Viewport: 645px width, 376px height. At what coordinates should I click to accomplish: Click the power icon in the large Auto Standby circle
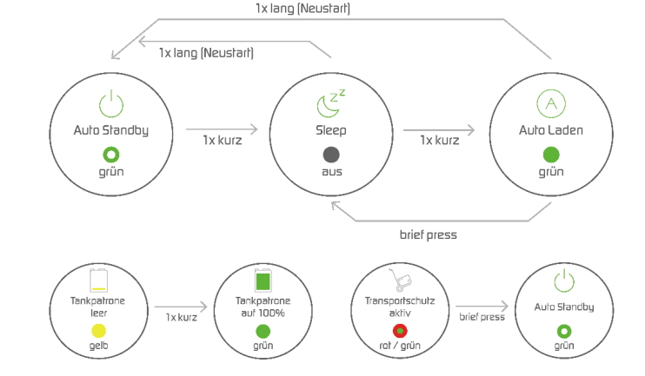pos(110,104)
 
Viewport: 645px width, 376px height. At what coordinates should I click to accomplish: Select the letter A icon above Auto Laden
pos(550,104)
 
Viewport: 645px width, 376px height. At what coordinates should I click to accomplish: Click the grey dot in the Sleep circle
pos(330,155)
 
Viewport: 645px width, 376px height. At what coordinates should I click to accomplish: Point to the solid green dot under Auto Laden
pos(550,155)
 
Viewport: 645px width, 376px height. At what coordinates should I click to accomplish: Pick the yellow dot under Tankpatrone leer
pos(97,330)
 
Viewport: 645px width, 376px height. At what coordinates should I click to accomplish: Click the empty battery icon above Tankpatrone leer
pos(97,281)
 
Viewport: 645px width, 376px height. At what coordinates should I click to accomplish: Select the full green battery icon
pos(263,281)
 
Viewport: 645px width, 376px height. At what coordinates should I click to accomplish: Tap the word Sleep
pos(330,131)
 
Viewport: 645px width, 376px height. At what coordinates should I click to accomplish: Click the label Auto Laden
pos(550,131)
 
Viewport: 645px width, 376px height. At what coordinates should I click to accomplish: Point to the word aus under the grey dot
pos(330,171)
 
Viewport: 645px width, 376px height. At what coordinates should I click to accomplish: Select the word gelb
pos(97,346)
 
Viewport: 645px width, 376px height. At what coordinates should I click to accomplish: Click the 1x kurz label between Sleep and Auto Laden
pos(440,140)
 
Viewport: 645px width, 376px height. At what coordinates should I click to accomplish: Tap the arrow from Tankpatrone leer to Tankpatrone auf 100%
pos(181,306)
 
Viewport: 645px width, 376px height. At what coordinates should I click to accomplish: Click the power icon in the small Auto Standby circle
pos(564,280)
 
